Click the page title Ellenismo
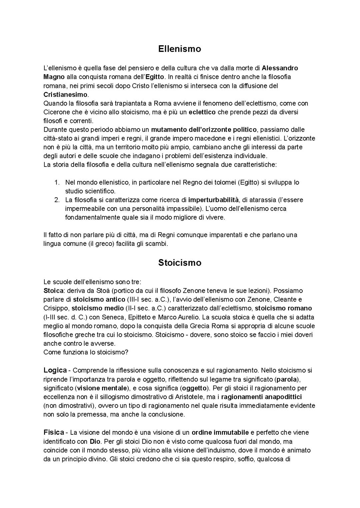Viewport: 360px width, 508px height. point(180,49)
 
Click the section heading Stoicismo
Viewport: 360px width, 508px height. point(180,263)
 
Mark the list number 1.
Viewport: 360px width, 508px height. point(57,182)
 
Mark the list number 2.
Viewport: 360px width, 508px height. point(57,200)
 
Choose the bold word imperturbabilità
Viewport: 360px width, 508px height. point(213,200)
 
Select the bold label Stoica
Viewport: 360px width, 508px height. point(53,290)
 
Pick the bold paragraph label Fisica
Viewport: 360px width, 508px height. point(54,432)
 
